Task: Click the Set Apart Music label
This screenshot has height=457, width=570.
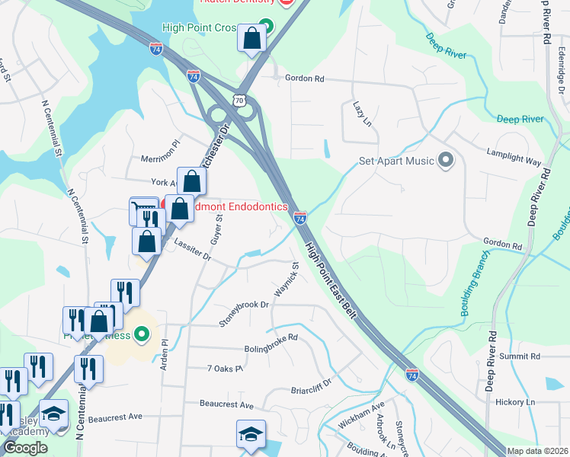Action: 396,161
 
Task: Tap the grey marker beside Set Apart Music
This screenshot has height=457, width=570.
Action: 447,161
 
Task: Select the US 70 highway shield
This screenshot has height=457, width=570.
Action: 240,100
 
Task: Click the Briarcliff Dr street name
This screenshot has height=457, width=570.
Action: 312,388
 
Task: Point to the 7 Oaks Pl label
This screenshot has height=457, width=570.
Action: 225,369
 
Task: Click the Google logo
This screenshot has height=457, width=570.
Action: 25,448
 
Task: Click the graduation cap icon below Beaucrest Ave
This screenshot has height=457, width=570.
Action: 251,435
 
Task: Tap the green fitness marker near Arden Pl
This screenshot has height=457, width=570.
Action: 141,334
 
